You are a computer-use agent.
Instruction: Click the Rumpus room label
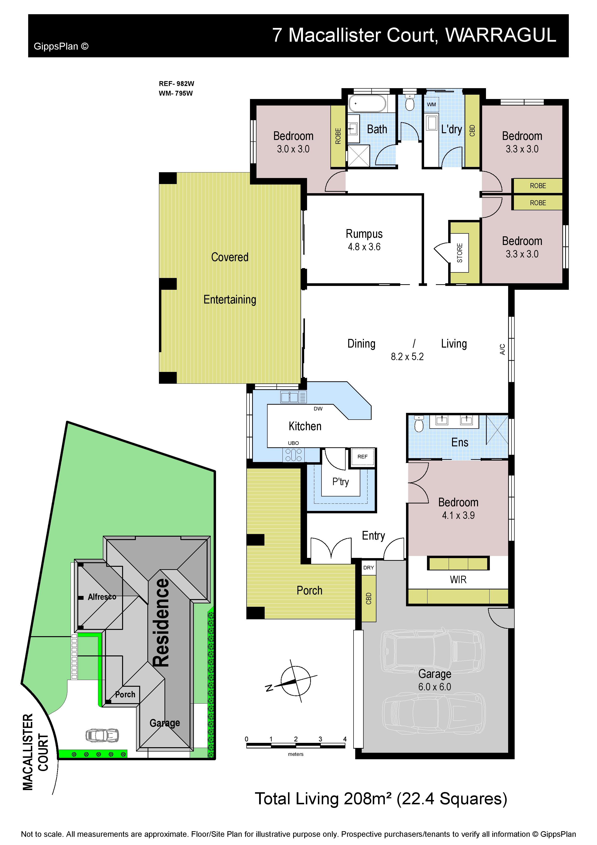coord(364,234)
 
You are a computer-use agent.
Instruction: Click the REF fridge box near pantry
coord(362,457)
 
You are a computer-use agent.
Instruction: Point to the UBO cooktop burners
coord(294,455)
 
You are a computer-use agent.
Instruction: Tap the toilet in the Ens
coord(419,424)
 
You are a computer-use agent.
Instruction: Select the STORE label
coord(459,253)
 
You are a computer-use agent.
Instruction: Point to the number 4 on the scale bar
coord(345,739)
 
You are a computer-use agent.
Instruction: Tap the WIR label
coord(458,580)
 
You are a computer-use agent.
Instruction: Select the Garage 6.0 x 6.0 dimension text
coord(434,687)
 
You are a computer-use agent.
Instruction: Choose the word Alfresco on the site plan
coord(102,597)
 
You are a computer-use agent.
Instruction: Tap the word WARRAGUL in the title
coord(501,35)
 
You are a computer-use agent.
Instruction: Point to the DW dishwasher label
coord(318,409)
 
